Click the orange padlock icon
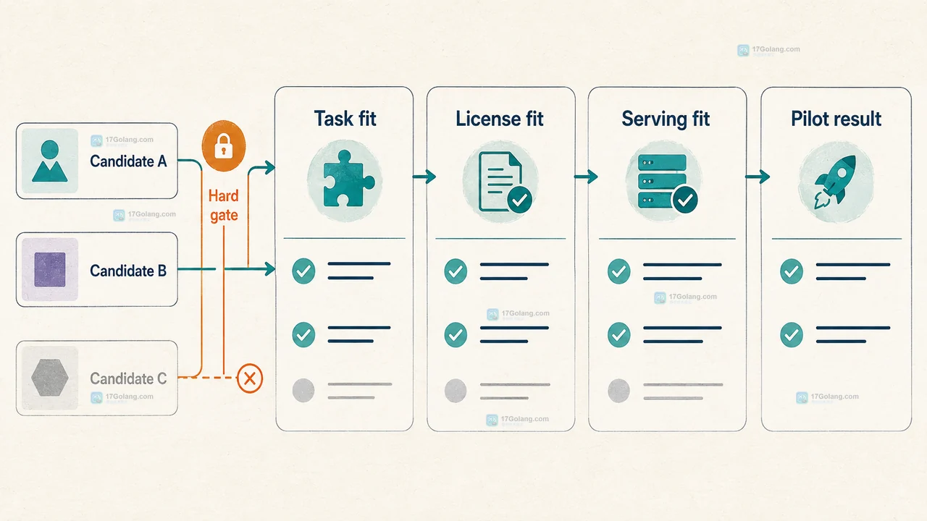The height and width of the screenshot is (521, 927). (x=224, y=146)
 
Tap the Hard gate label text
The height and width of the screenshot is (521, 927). (x=224, y=206)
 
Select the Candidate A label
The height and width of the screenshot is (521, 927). (x=128, y=161)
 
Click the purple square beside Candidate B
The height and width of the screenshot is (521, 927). (x=50, y=270)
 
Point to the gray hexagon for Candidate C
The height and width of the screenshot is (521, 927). (x=50, y=378)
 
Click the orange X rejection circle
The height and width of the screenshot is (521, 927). (x=250, y=378)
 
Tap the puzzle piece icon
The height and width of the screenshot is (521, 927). (x=347, y=178)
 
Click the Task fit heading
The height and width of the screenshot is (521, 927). (x=345, y=119)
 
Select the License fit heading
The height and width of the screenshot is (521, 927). (x=500, y=119)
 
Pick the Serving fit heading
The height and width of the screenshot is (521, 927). (x=666, y=119)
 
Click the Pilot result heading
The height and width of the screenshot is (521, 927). (x=836, y=119)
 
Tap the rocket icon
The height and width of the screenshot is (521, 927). (x=836, y=182)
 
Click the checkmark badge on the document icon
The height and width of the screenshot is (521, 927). (x=520, y=200)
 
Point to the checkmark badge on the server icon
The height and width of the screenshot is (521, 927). (x=685, y=200)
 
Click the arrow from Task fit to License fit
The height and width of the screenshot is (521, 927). (x=424, y=177)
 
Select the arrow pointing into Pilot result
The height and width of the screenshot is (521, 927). (x=758, y=177)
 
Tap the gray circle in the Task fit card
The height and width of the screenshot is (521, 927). (x=303, y=390)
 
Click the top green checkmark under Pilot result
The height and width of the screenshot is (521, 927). (x=792, y=271)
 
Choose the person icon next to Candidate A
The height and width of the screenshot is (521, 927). (x=50, y=161)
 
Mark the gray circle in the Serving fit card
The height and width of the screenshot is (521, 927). (x=618, y=390)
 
